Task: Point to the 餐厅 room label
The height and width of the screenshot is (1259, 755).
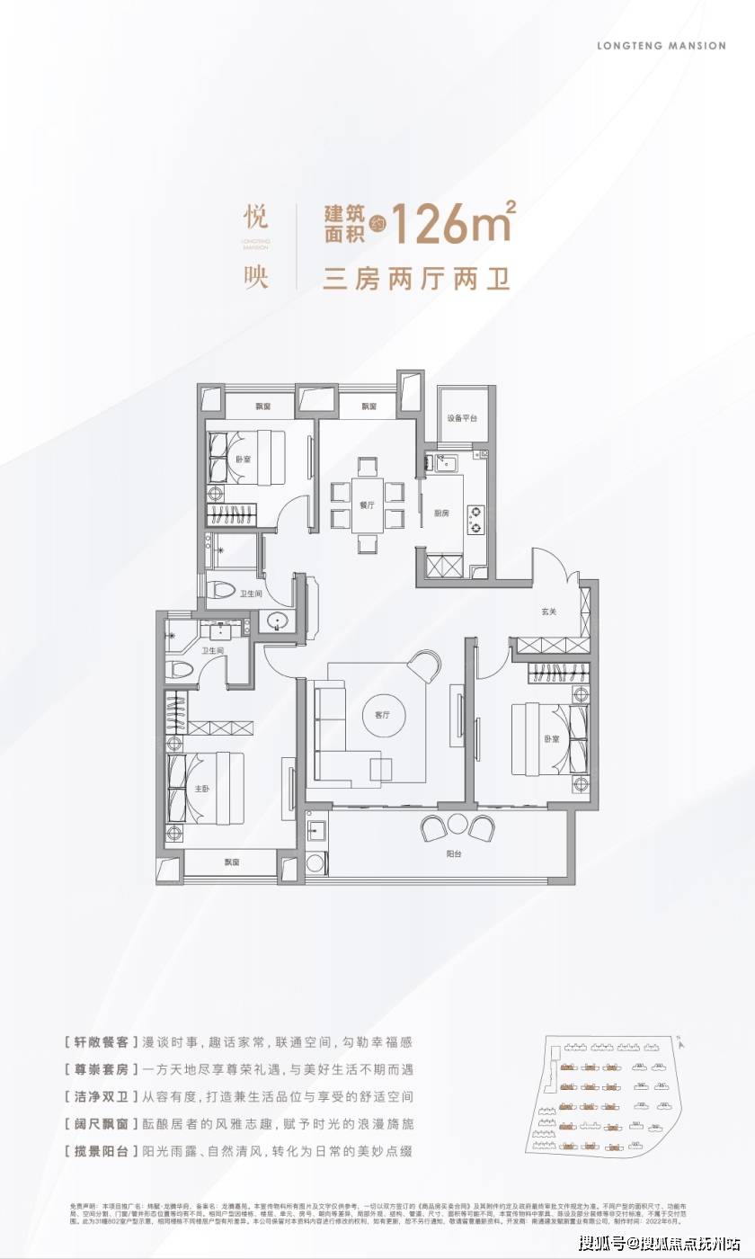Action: click(x=366, y=505)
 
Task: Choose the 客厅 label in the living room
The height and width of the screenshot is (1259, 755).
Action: click(x=382, y=716)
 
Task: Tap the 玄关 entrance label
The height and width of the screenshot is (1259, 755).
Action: click(x=549, y=612)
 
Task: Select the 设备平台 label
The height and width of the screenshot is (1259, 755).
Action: click(x=462, y=418)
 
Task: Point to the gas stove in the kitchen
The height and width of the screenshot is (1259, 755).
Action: click(x=475, y=521)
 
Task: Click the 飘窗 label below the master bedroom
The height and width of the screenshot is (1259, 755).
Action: click(x=232, y=862)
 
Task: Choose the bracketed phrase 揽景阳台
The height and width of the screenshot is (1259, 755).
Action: click(x=102, y=1150)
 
